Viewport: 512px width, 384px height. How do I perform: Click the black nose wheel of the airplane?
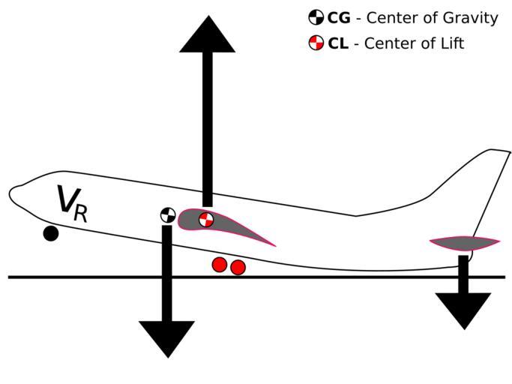[x=50, y=233]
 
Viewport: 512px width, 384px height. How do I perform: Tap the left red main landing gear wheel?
[x=219, y=264]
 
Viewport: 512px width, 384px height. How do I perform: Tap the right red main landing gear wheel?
[x=238, y=267]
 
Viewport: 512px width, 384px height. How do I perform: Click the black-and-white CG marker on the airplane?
[x=167, y=215]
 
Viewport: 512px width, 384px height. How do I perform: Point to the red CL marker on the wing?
[x=206, y=220]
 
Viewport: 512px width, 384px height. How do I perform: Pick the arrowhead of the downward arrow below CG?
[x=166, y=338]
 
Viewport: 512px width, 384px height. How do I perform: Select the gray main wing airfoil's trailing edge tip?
[x=274, y=245]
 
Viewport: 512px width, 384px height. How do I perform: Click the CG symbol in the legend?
[x=316, y=17]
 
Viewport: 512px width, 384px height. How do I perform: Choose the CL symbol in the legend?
[x=316, y=43]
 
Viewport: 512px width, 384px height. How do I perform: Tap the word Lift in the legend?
[x=449, y=43]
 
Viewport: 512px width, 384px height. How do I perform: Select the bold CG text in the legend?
[x=339, y=18]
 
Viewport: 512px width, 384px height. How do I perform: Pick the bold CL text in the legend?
[x=337, y=43]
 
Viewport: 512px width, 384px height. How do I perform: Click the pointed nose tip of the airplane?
[x=10, y=193]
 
